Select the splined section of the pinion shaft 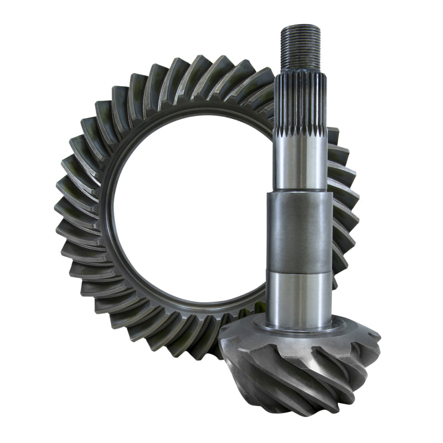[x=301, y=102]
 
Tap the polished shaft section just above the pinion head [x=300, y=299]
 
